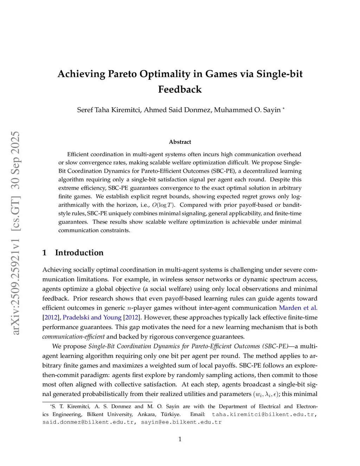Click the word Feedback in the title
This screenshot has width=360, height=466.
pos(180,89)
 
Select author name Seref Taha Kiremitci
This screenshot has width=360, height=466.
pos(109,110)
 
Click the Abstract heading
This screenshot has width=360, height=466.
pos(180,142)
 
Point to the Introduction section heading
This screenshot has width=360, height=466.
pos(79,253)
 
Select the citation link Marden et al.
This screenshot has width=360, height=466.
pos(298,308)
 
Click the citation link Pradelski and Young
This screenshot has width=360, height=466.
pos(92,317)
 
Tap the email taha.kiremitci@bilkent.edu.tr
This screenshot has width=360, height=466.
pos(263,414)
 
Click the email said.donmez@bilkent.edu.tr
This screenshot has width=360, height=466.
pos(88,422)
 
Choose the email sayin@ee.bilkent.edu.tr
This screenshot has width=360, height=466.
pos(181,422)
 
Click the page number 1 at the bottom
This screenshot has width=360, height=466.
pos(180,439)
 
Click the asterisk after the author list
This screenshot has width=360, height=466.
pos(283,109)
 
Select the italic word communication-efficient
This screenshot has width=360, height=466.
pos(73,337)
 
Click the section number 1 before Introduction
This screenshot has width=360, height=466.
pos(44,253)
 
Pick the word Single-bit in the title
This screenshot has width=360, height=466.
pos(279,74)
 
